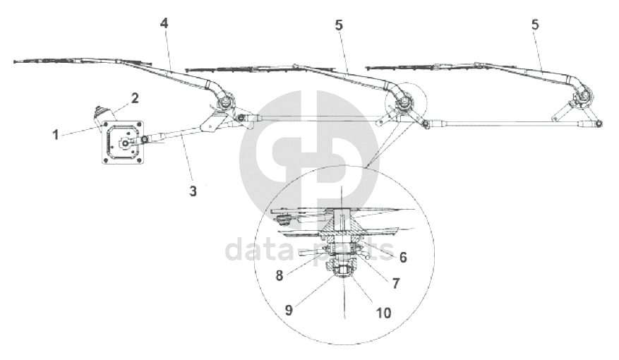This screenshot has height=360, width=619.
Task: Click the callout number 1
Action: [x=55, y=134]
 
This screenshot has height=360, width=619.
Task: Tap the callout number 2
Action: [x=133, y=97]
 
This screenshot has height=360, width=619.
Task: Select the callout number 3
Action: [x=192, y=191]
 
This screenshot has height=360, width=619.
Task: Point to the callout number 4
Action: [x=164, y=23]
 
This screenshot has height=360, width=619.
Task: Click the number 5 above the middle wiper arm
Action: [x=339, y=25]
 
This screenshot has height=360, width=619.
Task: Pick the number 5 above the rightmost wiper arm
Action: [x=535, y=24]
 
